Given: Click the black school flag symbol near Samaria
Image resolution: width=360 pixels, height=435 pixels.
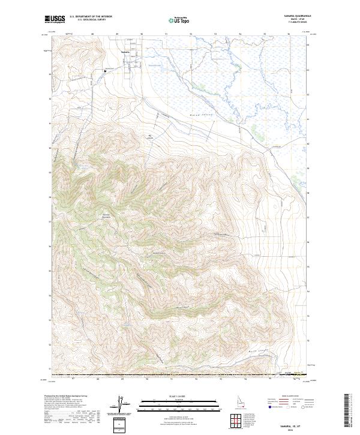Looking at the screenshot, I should click(105, 71).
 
